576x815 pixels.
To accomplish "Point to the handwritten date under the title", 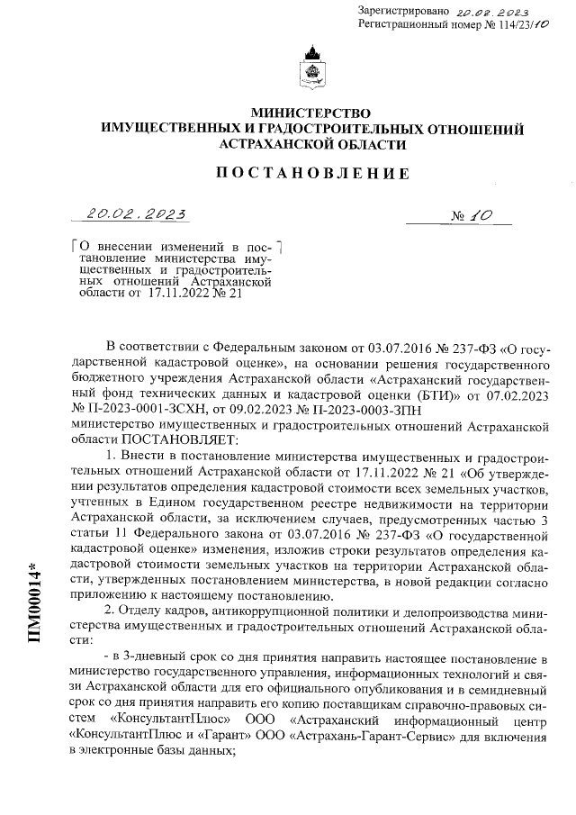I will coord(135,215).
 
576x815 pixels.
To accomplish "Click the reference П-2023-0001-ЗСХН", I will coord(150,410).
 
